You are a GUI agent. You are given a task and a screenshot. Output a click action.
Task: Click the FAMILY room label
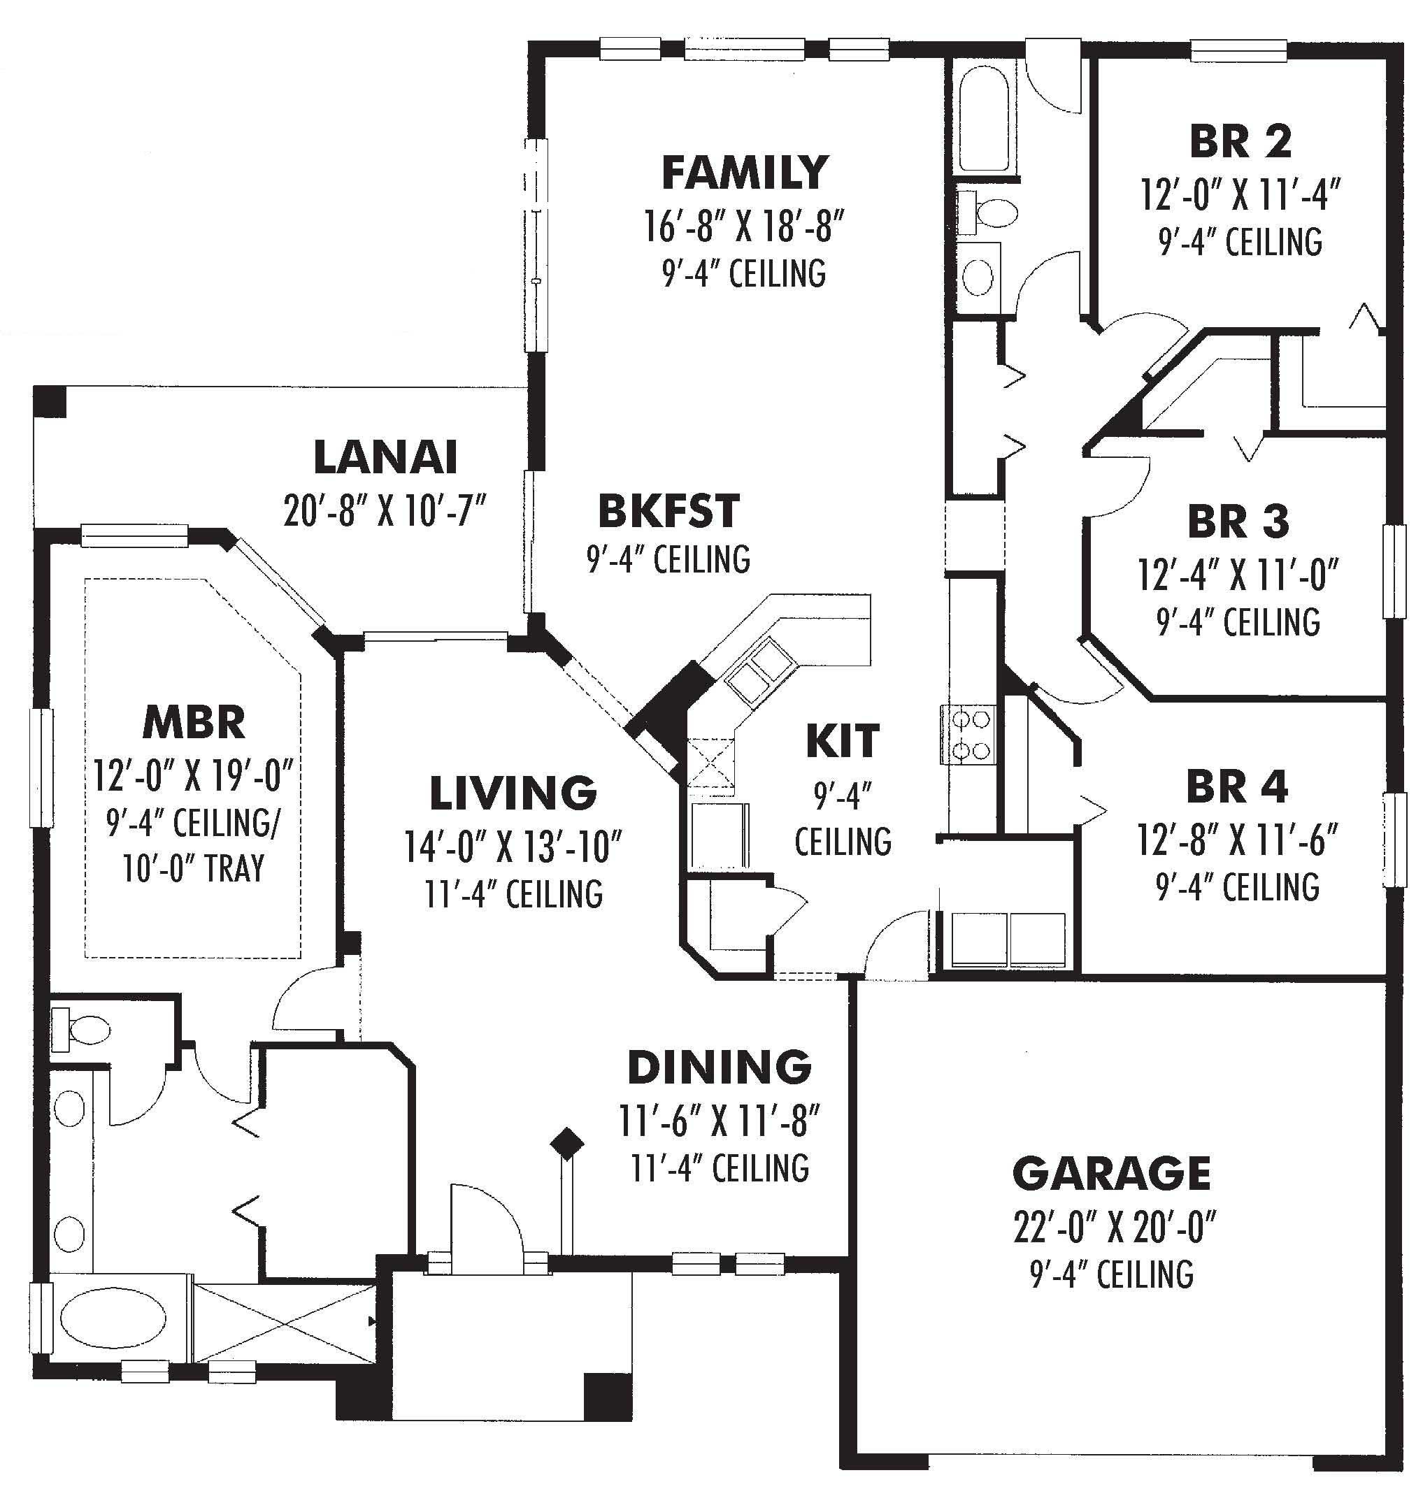coord(744,173)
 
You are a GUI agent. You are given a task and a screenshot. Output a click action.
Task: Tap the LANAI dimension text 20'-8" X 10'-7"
coord(385,510)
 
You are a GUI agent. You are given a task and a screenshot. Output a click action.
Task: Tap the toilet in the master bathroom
coord(82,1030)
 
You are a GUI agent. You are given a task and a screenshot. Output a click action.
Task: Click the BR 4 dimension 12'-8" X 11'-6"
coord(1237,840)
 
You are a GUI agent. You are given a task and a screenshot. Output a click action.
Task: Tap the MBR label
coord(194,722)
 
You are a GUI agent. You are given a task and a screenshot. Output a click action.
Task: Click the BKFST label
coord(668,511)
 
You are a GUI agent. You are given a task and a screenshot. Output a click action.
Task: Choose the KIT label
coord(842,741)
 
